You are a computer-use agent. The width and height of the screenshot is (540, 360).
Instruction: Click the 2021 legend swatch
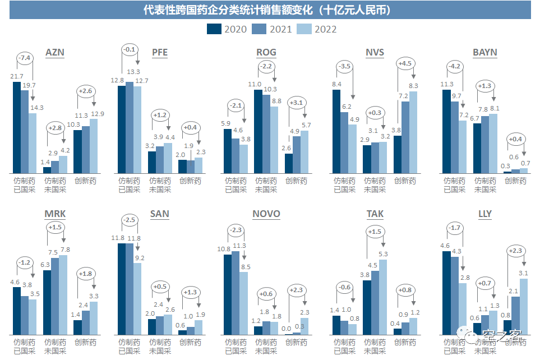pyautogui.click(x=260, y=29)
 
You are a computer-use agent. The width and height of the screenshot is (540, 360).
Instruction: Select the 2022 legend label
pyautogui.click(x=325, y=29)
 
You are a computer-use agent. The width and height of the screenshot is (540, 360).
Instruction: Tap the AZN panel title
pyautogui.click(x=54, y=53)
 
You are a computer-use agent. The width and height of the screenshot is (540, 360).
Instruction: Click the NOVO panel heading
pyautogui.click(x=266, y=214)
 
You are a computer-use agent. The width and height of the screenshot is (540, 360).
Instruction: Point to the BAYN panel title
pyautogui.click(x=484, y=53)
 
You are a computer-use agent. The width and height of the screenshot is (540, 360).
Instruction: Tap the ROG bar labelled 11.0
pyautogui.click(x=257, y=131)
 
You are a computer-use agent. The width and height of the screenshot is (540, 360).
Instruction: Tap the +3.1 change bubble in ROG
pyautogui.click(x=297, y=103)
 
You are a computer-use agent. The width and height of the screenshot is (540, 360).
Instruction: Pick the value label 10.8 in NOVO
pyautogui.click(x=227, y=248)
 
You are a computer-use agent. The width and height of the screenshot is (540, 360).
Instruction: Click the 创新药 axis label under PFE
pyautogui.click(x=190, y=181)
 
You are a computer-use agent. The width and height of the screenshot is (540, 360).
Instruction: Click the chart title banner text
pyautogui.click(x=270, y=10)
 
